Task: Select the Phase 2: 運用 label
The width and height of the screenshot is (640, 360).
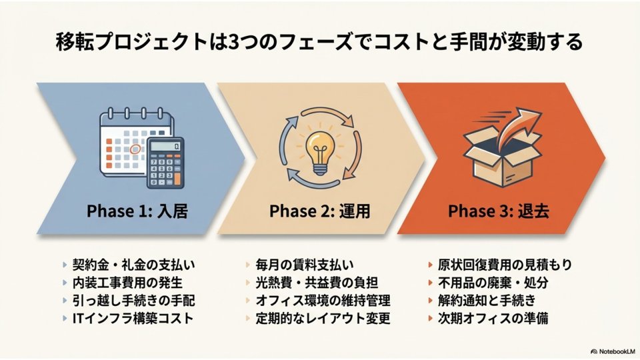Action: point(319,211)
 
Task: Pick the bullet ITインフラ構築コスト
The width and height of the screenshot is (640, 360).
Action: point(132,318)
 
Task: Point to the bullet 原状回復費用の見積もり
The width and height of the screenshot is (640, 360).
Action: point(505,265)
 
